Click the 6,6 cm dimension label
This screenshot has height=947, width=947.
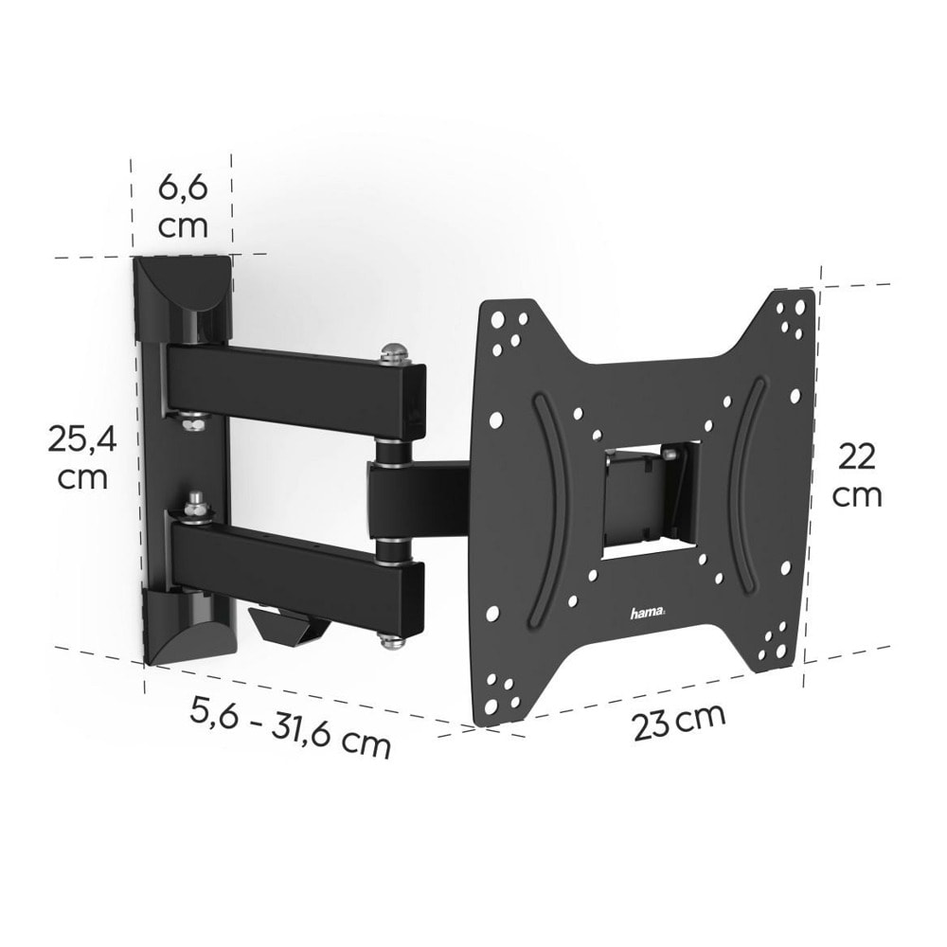(183, 205)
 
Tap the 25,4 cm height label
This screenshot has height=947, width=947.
(81, 457)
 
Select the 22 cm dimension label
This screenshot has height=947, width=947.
(857, 475)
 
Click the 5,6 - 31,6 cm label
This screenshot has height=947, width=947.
(291, 727)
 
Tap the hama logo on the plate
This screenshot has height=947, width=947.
(647, 615)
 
